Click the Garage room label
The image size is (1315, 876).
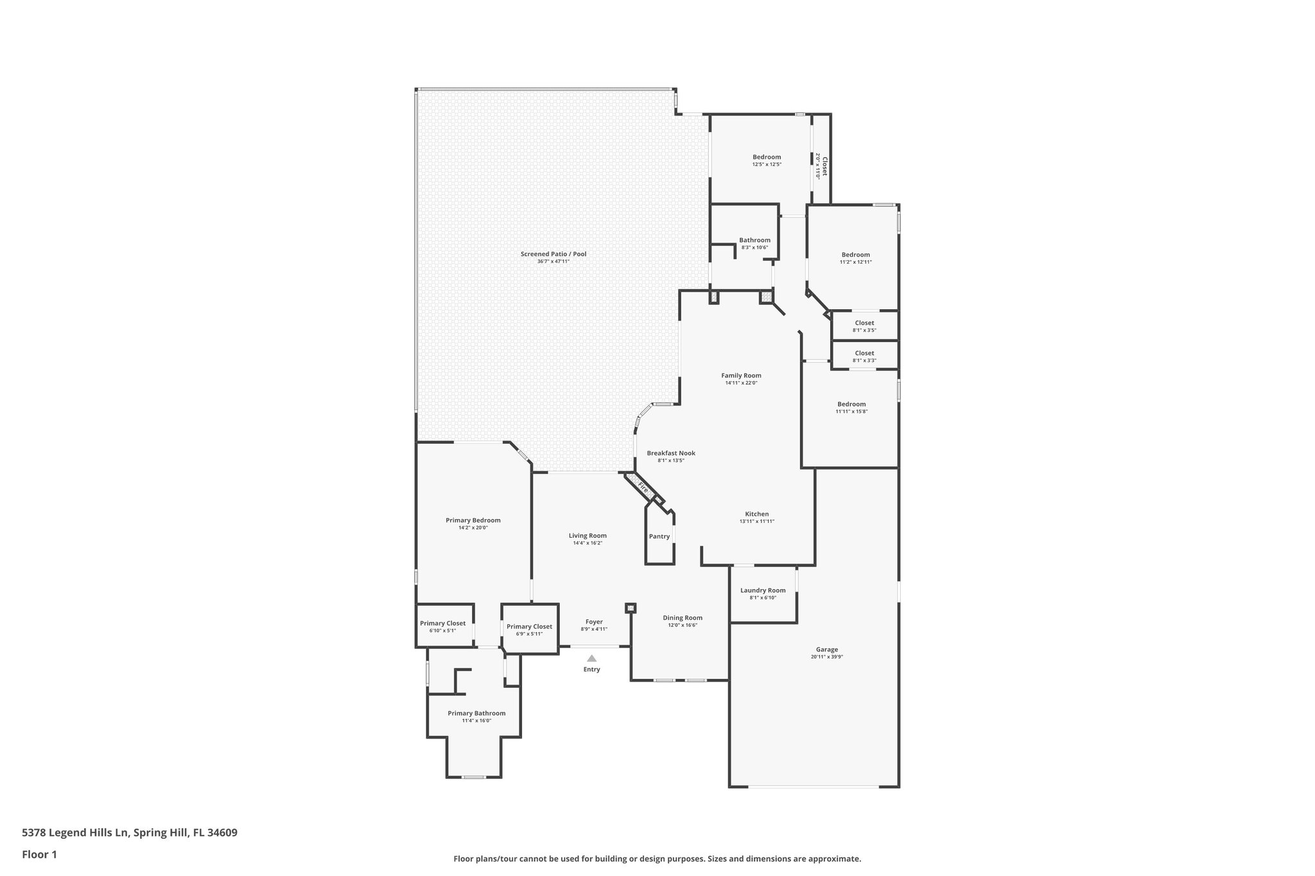[827, 649]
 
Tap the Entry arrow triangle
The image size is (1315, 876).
[591, 658]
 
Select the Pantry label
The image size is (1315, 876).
[659, 537]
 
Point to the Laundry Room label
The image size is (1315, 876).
[763, 590]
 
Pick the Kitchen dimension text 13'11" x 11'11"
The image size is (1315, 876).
[757, 522]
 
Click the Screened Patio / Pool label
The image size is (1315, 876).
[553, 254]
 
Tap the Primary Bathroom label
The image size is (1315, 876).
[476, 713]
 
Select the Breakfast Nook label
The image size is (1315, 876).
[671, 453]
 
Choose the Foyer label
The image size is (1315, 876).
[594, 622]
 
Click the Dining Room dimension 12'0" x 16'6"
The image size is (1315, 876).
[683, 625]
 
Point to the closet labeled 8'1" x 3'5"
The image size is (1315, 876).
[864, 327]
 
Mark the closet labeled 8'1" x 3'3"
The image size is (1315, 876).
[864, 357]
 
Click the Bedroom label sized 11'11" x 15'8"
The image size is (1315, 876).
[851, 404]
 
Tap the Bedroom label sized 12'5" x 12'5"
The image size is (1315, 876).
[767, 157]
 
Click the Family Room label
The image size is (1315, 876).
[741, 375]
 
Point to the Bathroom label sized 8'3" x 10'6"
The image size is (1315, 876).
[754, 240]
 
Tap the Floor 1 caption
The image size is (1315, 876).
[40, 854]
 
